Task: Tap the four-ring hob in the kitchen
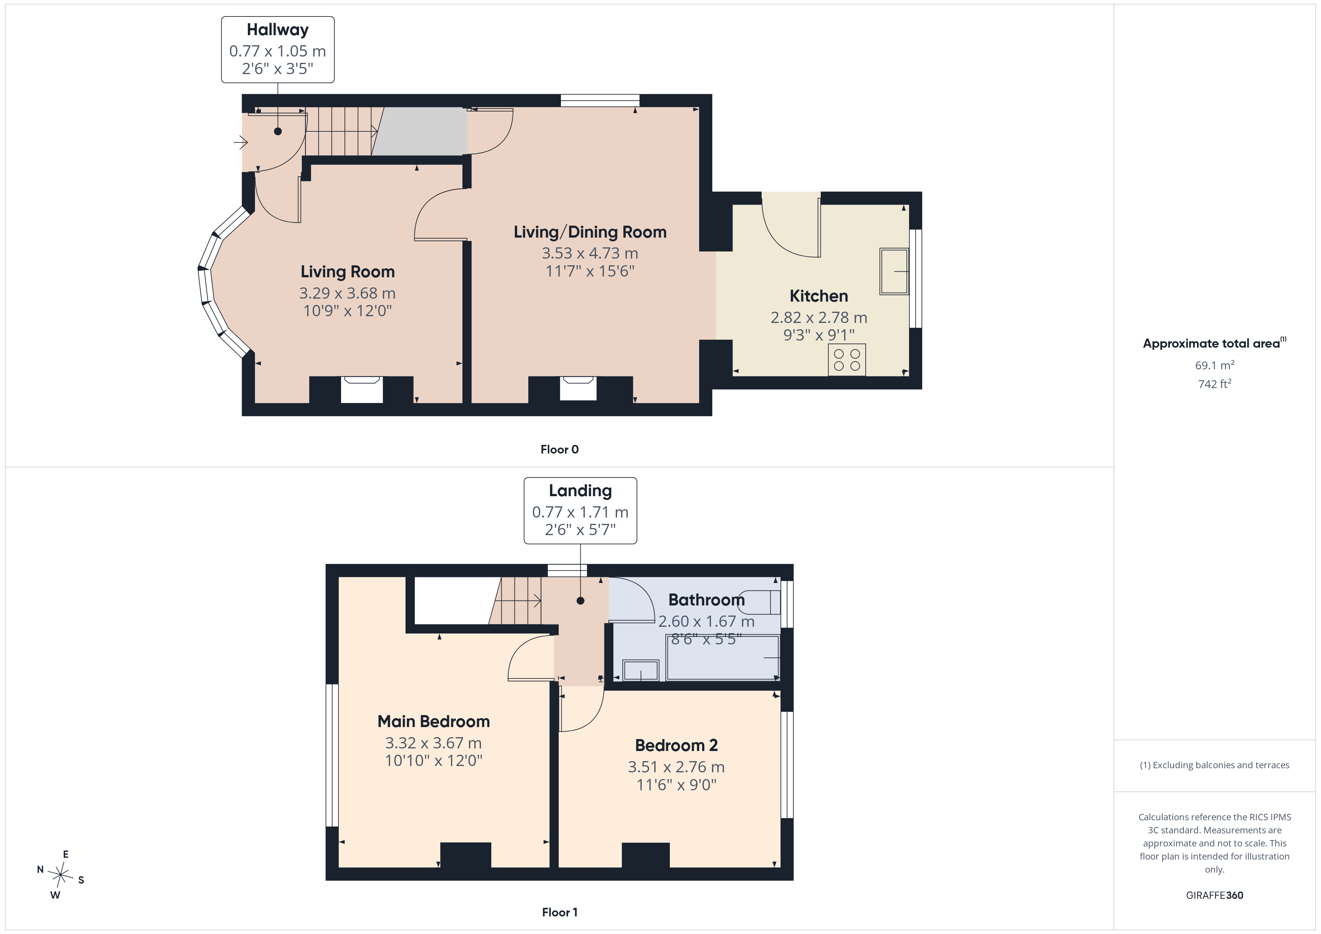tap(847, 360)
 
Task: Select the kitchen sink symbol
tap(894, 271)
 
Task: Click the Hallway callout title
tap(277, 30)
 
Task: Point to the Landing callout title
tap(580, 491)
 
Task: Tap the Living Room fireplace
tap(361, 390)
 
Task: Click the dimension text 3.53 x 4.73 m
tap(590, 253)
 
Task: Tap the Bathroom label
tap(707, 600)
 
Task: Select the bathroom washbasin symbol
tap(640, 671)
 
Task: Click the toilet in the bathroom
tap(759, 602)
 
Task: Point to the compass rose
tap(60, 875)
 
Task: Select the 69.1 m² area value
tap(1215, 365)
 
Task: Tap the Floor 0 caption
tap(559, 450)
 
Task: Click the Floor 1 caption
tap(559, 912)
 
